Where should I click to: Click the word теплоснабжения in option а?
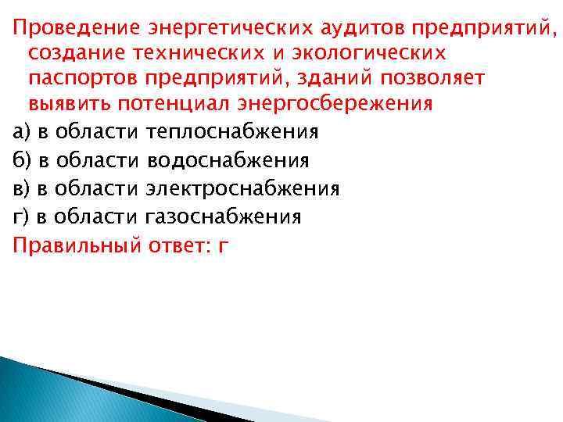click(x=232, y=131)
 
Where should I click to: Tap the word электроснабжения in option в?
click(x=242, y=188)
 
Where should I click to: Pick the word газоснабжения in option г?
click(x=223, y=216)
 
